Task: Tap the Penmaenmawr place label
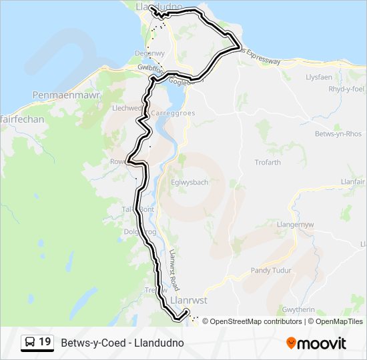pos(66,96)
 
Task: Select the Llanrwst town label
pos(189,301)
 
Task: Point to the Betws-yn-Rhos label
pos(338,133)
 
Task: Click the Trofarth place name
pos(268,163)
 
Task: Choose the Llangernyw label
pos(295,225)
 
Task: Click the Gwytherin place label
pos(298,311)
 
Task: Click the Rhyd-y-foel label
pos(346,89)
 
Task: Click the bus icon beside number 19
pos(30,342)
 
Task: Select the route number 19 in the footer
pos(45,342)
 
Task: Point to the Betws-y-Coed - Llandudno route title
pos(122,343)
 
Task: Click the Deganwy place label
pos(149,53)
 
